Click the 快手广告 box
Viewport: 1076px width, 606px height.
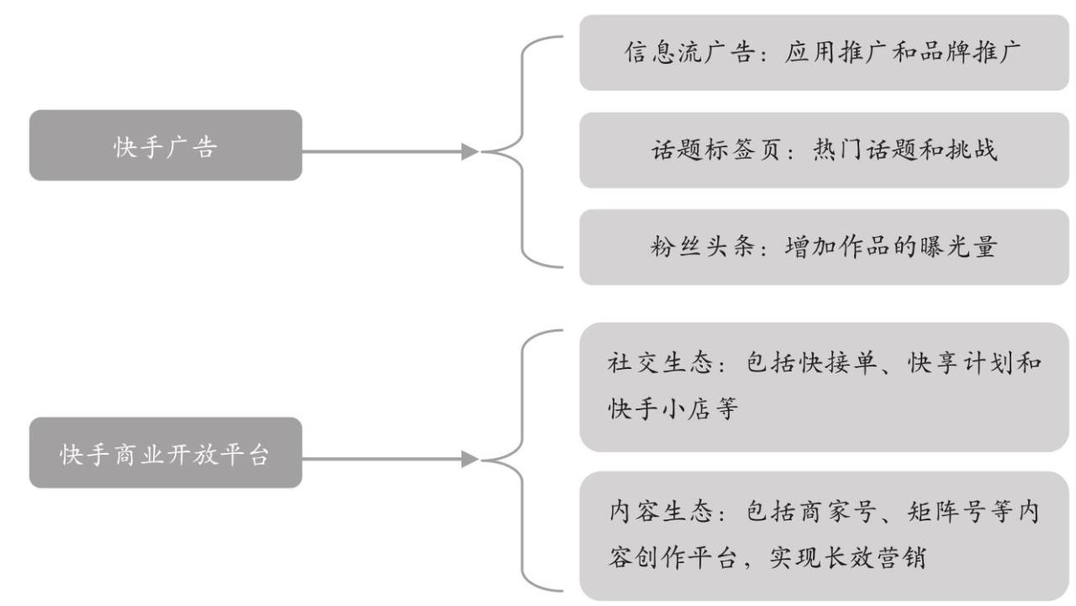(166, 145)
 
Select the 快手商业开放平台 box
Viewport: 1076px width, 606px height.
(166, 453)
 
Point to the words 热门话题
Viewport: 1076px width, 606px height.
(855, 150)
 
